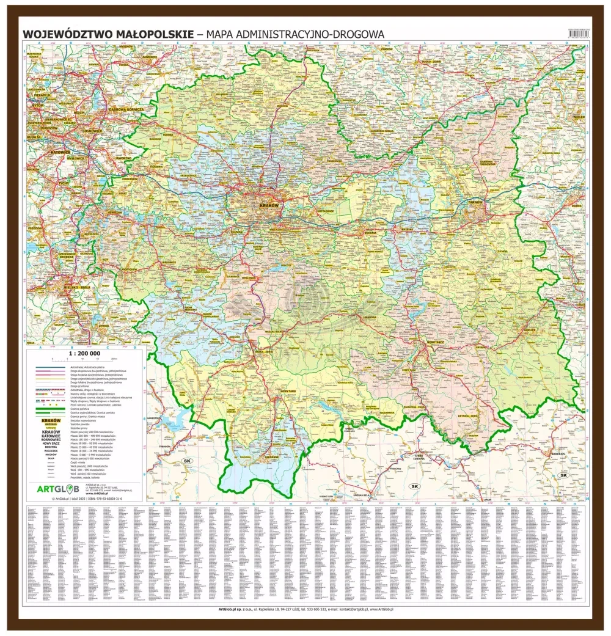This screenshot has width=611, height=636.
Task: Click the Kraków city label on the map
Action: point(269,206)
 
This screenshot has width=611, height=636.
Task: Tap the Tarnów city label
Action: point(475,202)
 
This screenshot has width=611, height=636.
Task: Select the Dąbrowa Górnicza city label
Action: point(126,109)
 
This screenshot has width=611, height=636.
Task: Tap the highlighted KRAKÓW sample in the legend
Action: point(47,422)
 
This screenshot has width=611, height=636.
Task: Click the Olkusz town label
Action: point(166,136)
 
